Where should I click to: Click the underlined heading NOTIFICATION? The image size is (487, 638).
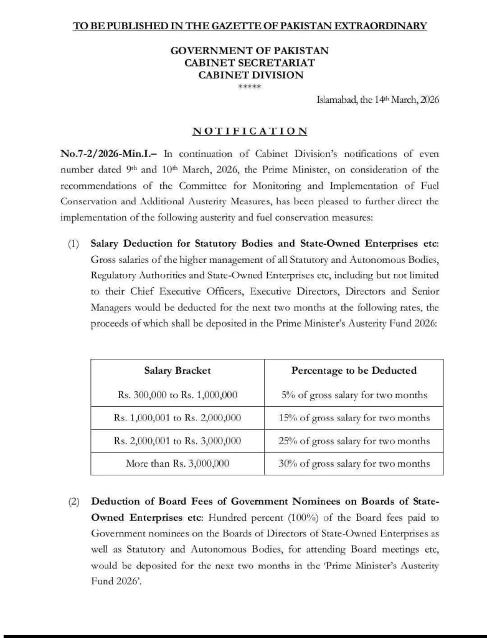pyautogui.click(x=250, y=131)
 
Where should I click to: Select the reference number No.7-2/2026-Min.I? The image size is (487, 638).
pyautogui.click(x=109, y=154)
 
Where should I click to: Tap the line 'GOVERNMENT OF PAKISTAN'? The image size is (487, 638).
pyautogui.click(x=250, y=50)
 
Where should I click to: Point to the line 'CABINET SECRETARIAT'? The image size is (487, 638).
pyautogui.click(x=250, y=62)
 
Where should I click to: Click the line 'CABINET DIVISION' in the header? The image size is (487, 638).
pyautogui.click(x=250, y=75)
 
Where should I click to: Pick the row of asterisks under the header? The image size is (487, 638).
pyautogui.click(x=250, y=87)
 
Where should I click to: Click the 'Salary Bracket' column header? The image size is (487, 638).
pyautogui.click(x=177, y=371)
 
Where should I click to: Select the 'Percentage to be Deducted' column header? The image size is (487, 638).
pyautogui.click(x=354, y=371)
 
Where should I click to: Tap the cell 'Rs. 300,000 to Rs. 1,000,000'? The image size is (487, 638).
pyautogui.click(x=177, y=395)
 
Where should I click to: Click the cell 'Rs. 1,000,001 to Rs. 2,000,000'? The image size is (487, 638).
pyautogui.click(x=177, y=418)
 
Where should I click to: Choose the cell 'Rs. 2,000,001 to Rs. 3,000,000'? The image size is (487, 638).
pyautogui.click(x=177, y=440)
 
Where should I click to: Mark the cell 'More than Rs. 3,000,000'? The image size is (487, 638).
pyautogui.click(x=177, y=463)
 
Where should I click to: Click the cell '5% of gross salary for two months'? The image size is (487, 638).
pyautogui.click(x=354, y=395)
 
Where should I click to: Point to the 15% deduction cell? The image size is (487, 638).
pyautogui.click(x=354, y=418)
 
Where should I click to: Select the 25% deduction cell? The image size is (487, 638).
pyautogui.click(x=354, y=440)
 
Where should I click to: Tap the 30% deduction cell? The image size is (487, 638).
pyautogui.click(x=354, y=463)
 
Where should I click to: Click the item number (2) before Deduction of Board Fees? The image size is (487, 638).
pyautogui.click(x=74, y=502)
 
